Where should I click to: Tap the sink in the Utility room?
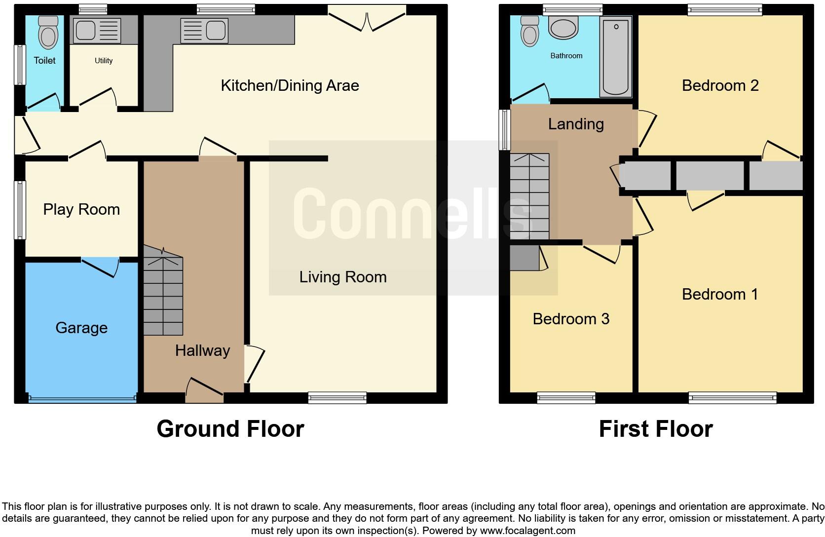tap(97, 31)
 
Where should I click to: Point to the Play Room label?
tap(81, 209)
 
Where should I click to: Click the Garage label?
tap(81, 328)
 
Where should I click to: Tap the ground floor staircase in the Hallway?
tap(163, 296)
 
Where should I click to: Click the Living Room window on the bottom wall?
tap(337, 397)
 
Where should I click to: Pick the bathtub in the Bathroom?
tap(616, 56)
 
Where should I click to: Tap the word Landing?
tap(576, 124)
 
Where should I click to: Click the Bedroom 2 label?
tap(720, 85)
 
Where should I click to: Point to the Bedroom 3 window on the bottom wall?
tap(566, 397)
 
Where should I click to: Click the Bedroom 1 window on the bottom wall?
tap(732, 397)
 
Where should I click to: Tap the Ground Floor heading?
tap(230, 428)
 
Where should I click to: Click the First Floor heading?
tap(655, 428)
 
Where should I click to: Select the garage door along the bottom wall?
tap(82, 399)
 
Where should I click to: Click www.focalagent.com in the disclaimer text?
tap(527, 531)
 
